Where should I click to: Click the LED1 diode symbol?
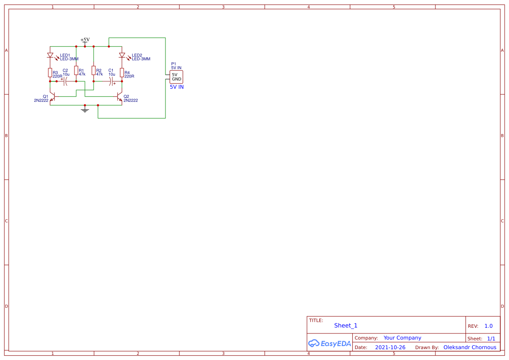[50, 56]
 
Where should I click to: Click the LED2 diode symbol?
[122, 56]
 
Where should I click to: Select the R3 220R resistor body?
[50, 72]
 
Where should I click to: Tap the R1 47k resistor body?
[76, 71]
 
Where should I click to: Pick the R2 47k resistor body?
[94, 71]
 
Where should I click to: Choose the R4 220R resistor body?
[122, 72]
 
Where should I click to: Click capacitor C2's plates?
[65, 81]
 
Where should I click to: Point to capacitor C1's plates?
[112, 81]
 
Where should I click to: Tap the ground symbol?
[85, 110]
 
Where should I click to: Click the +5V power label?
[85, 40]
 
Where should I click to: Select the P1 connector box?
[176, 77]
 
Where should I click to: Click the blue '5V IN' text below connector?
[177, 87]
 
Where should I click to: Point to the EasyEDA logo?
[329, 343]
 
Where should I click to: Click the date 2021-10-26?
[390, 347]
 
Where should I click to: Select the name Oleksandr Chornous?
[470, 347]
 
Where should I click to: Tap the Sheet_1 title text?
[346, 326]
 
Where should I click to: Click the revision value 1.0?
[489, 326]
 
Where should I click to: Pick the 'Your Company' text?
[402, 338]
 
